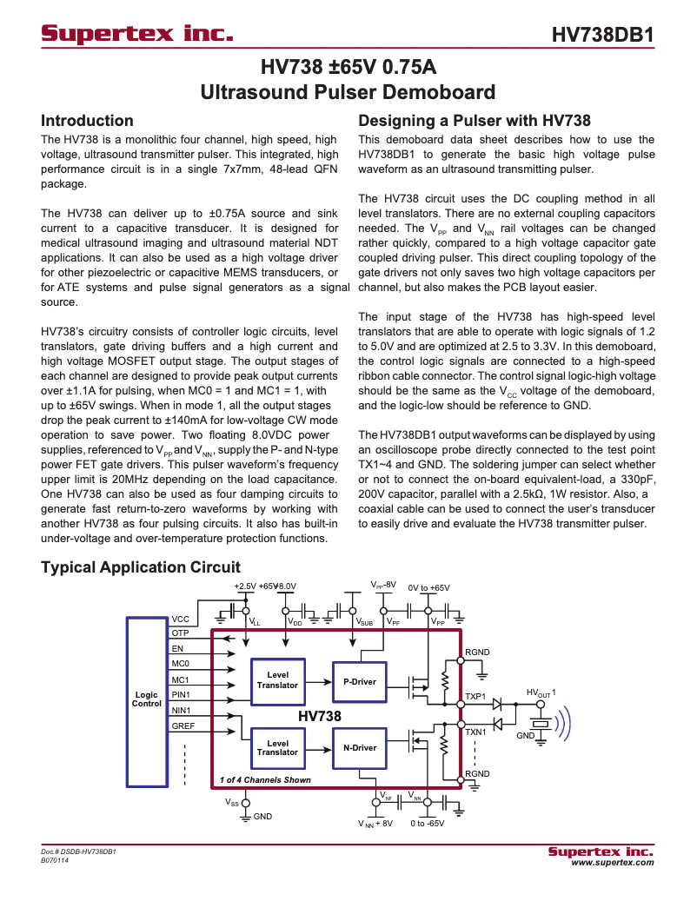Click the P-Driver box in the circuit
pyautogui.click(x=360, y=681)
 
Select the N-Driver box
pyautogui.click(x=360, y=747)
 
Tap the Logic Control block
pyautogui.click(x=147, y=699)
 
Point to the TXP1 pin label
pyautogui.click(x=475, y=697)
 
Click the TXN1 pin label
pyautogui.click(x=475, y=732)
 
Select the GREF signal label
pyautogui.click(x=183, y=725)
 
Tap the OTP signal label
pyautogui.click(x=180, y=633)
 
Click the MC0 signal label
pyautogui.click(x=180, y=664)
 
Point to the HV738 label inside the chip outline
pyautogui.click(x=320, y=717)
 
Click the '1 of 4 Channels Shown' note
pyautogui.click(x=265, y=779)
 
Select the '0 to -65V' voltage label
pyautogui.click(x=428, y=823)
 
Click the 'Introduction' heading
pyautogui.click(x=88, y=121)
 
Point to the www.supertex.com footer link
pyautogui.click(x=612, y=863)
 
